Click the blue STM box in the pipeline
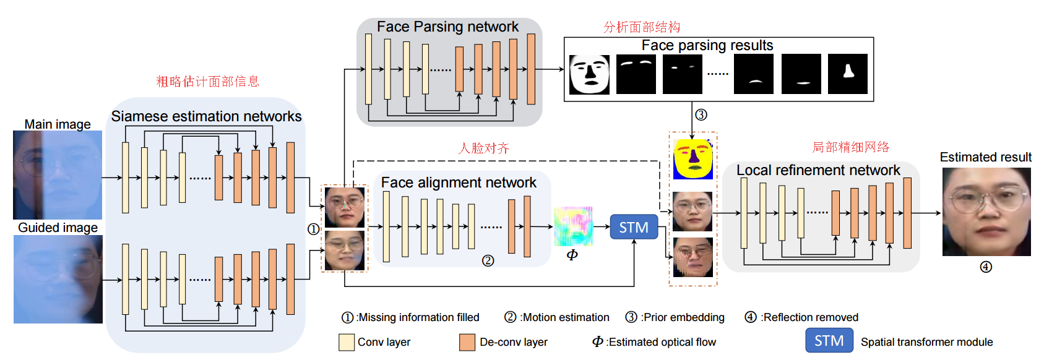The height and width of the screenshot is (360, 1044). (634, 227)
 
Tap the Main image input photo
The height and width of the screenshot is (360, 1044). (58, 175)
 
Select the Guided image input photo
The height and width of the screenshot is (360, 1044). (58, 279)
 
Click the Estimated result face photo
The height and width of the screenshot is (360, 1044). (986, 212)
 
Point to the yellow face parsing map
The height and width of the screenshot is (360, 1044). (693, 160)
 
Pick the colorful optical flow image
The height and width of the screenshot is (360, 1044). (573, 226)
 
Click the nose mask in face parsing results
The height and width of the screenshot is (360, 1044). (848, 74)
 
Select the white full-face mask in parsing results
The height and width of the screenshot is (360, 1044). (589, 74)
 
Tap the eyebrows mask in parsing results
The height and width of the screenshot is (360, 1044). (636, 74)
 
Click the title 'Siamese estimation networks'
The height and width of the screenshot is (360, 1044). (206, 116)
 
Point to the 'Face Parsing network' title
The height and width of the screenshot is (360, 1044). (447, 27)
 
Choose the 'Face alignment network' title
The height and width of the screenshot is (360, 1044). (459, 182)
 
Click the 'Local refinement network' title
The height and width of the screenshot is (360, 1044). (818, 170)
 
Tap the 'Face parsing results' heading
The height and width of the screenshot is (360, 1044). (707, 45)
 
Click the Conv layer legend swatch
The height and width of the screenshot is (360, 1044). (347, 342)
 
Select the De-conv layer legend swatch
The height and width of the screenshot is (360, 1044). (467, 342)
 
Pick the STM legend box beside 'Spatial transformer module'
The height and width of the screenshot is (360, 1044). (829, 341)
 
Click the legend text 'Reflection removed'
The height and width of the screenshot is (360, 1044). (810, 317)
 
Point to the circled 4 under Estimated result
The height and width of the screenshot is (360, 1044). (986, 267)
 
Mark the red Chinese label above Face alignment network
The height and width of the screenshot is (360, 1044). (483, 148)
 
